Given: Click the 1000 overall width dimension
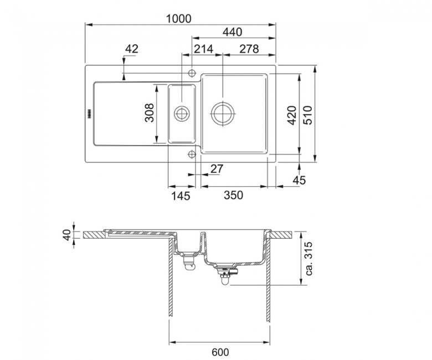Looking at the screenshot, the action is tap(178, 19).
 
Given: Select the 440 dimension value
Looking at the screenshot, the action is tap(232, 32).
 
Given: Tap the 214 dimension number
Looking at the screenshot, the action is tap(204, 49).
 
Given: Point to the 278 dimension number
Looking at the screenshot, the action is tap(249, 49).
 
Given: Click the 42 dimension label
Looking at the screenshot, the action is tap(131, 49).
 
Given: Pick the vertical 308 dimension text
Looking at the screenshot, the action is tap(150, 112).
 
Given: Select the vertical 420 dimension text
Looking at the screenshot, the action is tap(292, 115).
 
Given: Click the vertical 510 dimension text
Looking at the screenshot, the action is tap(308, 115).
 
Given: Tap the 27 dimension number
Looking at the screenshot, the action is tap(217, 168).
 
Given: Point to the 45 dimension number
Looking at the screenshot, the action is tap(299, 180).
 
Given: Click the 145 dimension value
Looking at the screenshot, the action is tap(181, 196).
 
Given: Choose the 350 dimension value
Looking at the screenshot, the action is tap(233, 195).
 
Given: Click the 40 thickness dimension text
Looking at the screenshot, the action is tap(67, 235).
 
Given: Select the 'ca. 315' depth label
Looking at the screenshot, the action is tap(308, 258).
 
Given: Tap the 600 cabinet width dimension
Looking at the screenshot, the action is tap(220, 352).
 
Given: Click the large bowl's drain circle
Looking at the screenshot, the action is tap(223, 114).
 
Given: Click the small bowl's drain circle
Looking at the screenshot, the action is tap(182, 114).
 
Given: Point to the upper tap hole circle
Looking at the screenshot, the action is tap(192, 73).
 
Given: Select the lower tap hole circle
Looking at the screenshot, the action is tap(192, 154).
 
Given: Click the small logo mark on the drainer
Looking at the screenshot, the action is tap(89, 114).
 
